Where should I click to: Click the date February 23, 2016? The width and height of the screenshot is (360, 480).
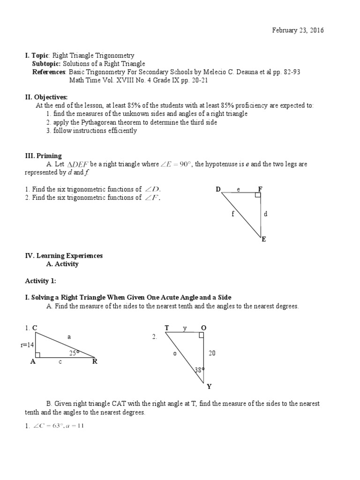click(298, 30)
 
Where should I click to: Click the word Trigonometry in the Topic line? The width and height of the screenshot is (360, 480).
click(114, 56)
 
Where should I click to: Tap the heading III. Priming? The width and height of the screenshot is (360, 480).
click(43, 156)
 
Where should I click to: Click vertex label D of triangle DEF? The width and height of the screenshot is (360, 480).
click(218, 189)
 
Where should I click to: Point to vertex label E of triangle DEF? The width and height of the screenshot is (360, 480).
click(264, 239)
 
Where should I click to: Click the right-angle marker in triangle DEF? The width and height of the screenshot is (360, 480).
click(258, 195)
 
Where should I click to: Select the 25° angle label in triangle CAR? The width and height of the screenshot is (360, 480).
click(74, 352)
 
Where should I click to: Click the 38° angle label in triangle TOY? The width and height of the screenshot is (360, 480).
click(200, 370)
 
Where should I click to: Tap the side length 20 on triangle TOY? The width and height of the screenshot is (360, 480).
click(212, 353)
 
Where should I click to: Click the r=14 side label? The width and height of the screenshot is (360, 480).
click(27, 345)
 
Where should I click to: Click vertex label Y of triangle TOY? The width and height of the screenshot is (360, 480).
click(209, 387)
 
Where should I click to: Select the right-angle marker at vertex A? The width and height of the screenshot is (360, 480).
click(38, 355)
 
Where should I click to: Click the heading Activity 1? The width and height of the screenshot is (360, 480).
click(40, 280)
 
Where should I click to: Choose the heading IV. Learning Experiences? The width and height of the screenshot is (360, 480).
click(64, 255)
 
